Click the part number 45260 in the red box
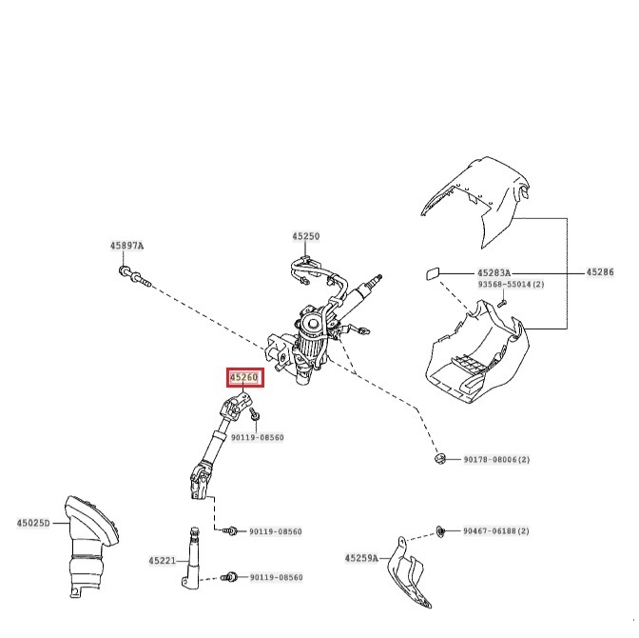(x=243, y=378)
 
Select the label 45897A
(x=126, y=246)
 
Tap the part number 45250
(x=306, y=235)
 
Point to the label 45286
(x=600, y=272)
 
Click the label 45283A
(x=494, y=272)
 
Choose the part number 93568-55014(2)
(x=511, y=285)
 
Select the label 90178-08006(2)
(x=496, y=460)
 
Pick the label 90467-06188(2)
(x=496, y=530)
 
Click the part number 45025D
(x=33, y=523)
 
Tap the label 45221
(x=162, y=561)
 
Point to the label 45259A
(x=361, y=558)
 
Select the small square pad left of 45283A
(x=430, y=274)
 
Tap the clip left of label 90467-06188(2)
(x=441, y=529)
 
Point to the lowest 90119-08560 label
(x=275, y=578)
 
